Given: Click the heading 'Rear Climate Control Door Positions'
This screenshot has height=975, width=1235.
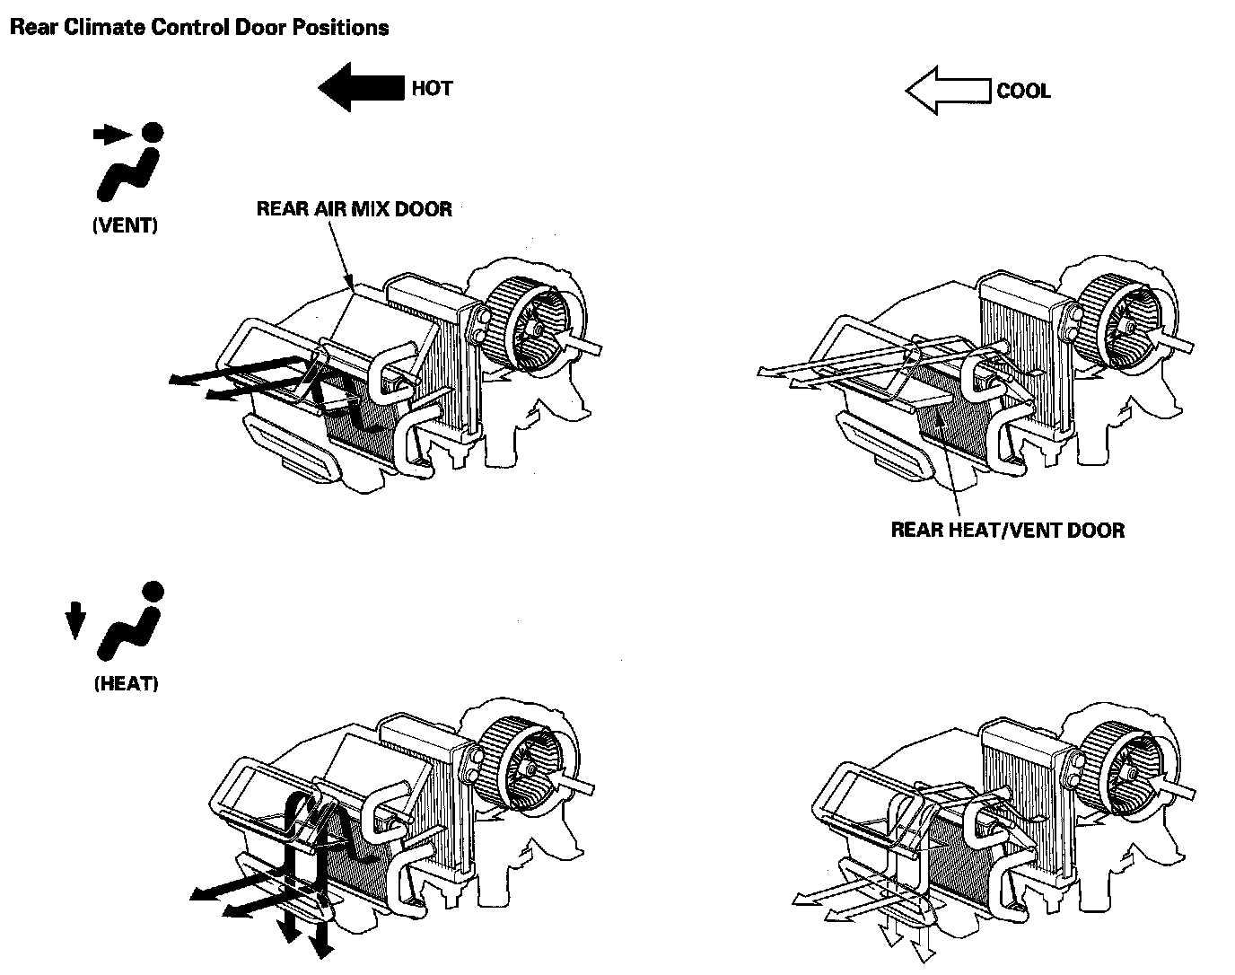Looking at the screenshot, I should [x=198, y=28].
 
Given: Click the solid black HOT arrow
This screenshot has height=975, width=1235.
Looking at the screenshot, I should [x=360, y=88].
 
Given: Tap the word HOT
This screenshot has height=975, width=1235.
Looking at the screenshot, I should [x=432, y=89].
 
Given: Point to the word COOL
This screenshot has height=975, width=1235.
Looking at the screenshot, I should [x=1023, y=92].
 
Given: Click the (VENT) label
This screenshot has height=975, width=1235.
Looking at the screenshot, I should [x=126, y=226].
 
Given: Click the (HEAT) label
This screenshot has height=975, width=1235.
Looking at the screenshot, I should [x=126, y=684].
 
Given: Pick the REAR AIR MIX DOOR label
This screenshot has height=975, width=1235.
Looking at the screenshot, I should [x=355, y=209].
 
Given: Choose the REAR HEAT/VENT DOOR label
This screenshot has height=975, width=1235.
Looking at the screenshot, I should [x=1007, y=530].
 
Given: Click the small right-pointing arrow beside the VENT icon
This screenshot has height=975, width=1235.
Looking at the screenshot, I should [x=111, y=135].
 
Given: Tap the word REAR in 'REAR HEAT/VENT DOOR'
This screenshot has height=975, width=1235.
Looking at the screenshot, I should [x=916, y=530].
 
